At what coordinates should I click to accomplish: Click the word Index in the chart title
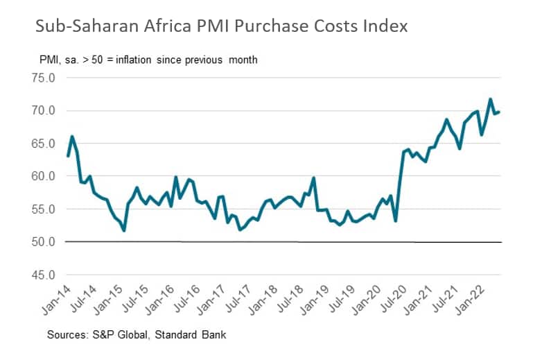tap(385, 26)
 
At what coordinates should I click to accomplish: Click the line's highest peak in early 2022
tap(491, 99)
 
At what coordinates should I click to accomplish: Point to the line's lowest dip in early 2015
tap(123, 230)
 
